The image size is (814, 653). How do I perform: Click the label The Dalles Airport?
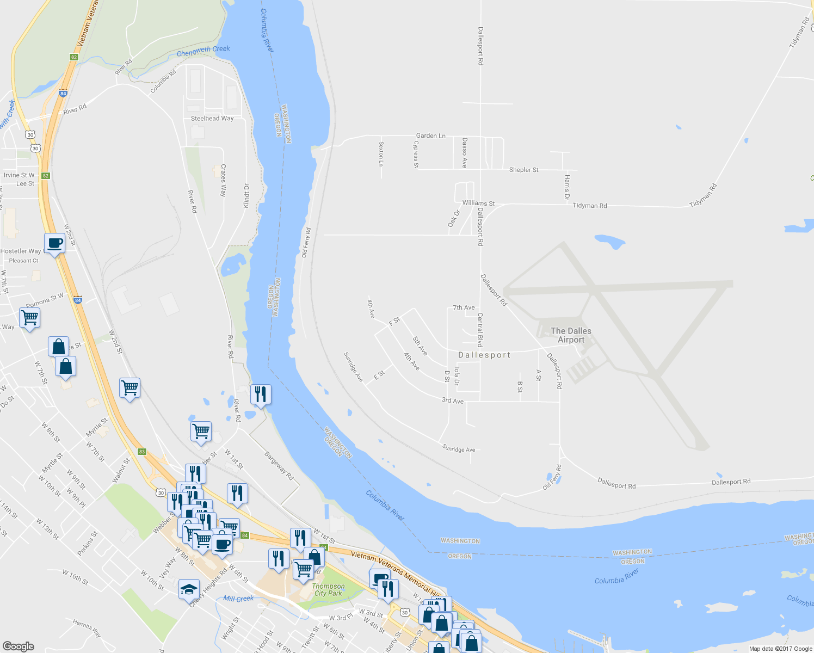pyautogui.click(x=571, y=335)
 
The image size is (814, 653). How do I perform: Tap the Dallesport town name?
pyautogui.click(x=484, y=355)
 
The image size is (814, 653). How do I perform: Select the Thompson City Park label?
pyautogui.click(x=328, y=590)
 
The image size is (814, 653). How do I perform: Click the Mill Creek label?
pyautogui.click(x=238, y=599)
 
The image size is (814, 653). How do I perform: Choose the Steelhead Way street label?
pyautogui.click(x=212, y=118)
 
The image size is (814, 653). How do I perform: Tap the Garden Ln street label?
pyautogui.click(x=430, y=135)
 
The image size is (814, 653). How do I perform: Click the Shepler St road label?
pyautogui.click(x=523, y=170)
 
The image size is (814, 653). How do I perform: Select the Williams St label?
pyautogui.click(x=478, y=203)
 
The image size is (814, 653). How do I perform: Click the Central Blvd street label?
pyautogui.click(x=480, y=330)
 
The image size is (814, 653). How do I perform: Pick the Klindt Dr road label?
pyautogui.click(x=246, y=195)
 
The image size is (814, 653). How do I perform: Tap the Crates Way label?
pyautogui.click(x=223, y=180)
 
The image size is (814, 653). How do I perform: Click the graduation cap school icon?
pyautogui.click(x=189, y=590)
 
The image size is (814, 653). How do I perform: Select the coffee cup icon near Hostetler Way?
pyautogui.click(x=54, y=243)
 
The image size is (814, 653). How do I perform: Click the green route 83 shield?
pyautogui.click(x=142, y=452)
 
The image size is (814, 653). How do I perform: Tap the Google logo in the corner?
pyautogui.click(x=18, y=646)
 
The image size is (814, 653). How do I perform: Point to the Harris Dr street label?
pyautogui.click(x=567, y=187)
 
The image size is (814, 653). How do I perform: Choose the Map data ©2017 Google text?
pyautogui.click(x=780, y=649)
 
